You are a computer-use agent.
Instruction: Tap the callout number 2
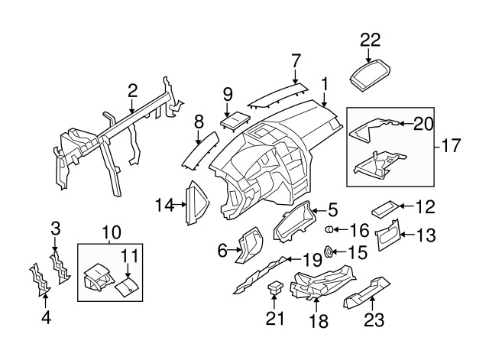pos(132,92)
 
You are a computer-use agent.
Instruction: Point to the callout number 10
pos(111,231)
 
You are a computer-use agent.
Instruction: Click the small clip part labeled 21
pos(276,288)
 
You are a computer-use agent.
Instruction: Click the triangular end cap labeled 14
pos(196,203)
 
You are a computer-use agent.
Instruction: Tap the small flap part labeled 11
pos(126,285)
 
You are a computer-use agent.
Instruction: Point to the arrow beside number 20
pos(403,122)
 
